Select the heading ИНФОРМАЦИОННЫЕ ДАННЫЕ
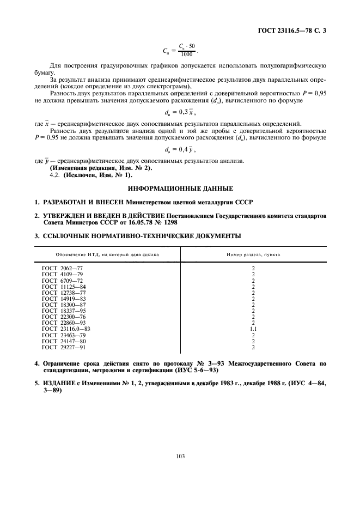(x=180, y=189)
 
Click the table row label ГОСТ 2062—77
(x=62, y=269)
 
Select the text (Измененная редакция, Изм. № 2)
(x=93, y=168)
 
